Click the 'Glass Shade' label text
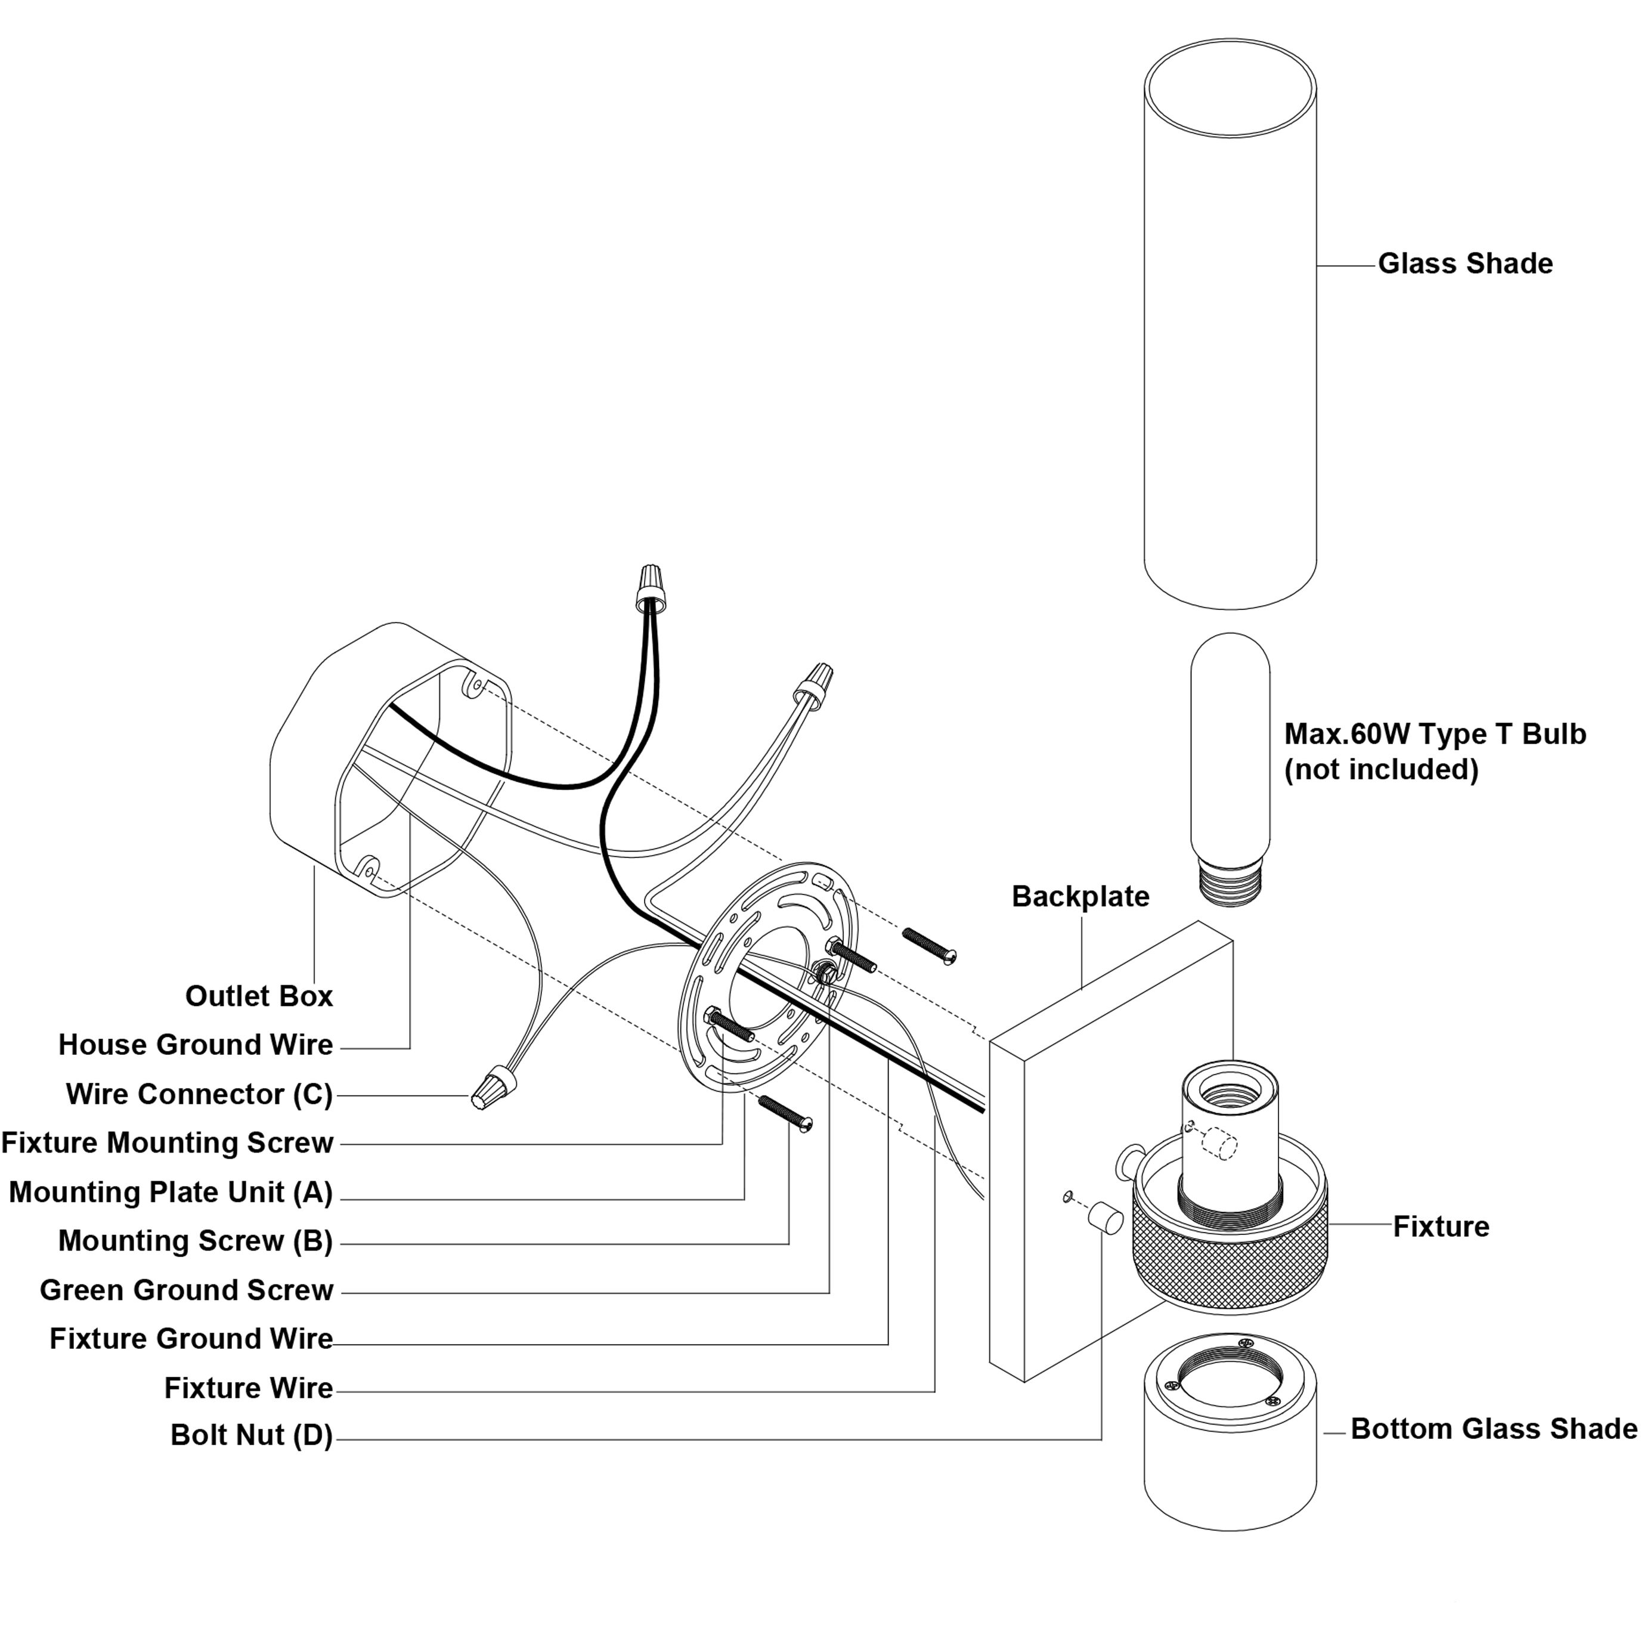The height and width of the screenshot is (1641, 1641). point(1464,264)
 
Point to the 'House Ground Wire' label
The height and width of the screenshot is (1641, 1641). point(196,1044)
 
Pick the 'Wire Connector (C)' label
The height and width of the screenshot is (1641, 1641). point(200,1094)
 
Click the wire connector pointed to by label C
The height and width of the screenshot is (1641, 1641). point(494,1090)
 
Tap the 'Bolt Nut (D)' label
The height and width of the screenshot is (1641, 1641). point(252,1435)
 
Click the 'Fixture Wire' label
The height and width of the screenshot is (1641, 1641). point(248,1388)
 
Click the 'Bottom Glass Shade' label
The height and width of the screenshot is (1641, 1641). point(1493,1429)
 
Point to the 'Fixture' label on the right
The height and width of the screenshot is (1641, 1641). point(1441,1227)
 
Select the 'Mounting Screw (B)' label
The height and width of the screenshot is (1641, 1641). point(196,1240)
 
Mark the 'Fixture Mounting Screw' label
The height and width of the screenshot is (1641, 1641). point(168,1142)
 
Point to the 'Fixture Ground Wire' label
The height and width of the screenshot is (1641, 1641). point(191,1339)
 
